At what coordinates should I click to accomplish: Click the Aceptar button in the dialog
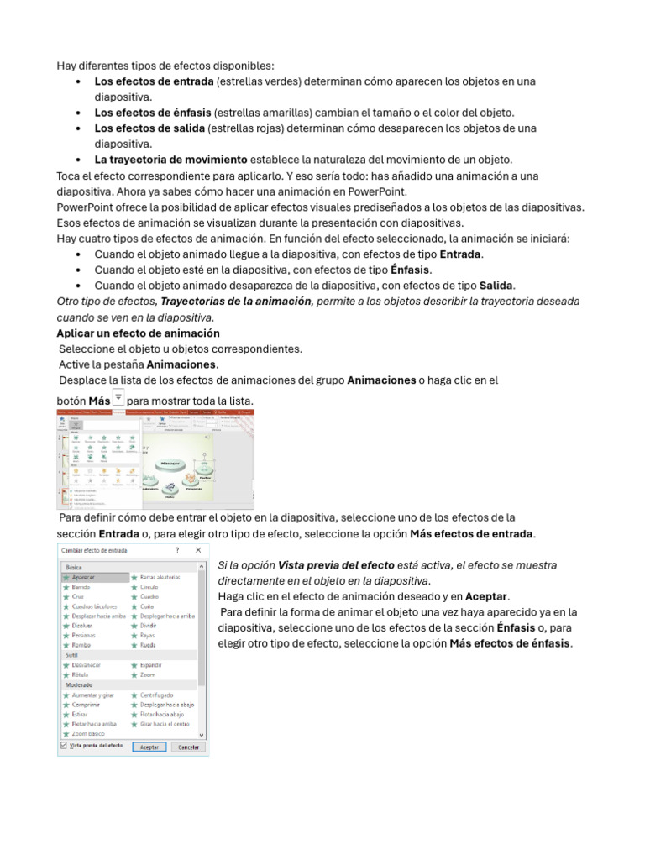148,747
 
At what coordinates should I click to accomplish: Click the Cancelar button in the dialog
189,747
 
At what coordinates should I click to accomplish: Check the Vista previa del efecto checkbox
64,745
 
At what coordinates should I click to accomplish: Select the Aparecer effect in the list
84,578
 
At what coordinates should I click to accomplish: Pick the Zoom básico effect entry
88,733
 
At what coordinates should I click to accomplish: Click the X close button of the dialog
198,548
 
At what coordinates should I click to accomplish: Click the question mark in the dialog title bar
176,548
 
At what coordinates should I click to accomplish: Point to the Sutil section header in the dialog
72,654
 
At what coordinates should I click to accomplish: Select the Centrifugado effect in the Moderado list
156,695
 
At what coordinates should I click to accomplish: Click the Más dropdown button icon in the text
118,397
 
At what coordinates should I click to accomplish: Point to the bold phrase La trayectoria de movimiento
170,160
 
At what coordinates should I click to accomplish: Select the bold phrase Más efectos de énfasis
510,643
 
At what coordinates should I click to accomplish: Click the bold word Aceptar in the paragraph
487,595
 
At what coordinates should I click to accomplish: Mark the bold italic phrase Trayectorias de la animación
236,302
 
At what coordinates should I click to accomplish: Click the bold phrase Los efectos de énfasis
153,113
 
